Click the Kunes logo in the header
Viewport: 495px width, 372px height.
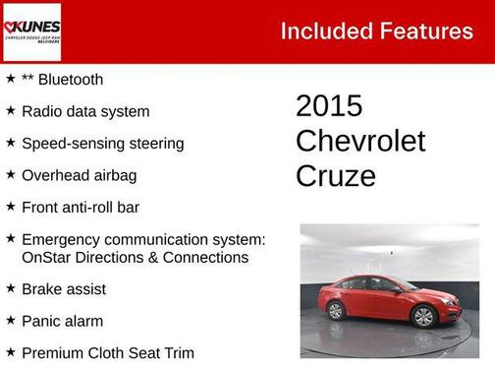coord(31,31)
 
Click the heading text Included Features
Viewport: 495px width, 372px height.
coord(376,31)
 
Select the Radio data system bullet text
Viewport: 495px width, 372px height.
coord(85,111)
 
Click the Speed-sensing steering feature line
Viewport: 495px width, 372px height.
coord(102,143)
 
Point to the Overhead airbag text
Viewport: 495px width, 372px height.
coord(79,175)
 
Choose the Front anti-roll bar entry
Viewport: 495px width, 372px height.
coord(81,207)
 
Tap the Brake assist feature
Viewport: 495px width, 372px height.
coord(64,289)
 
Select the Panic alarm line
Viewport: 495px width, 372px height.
coord(62,321)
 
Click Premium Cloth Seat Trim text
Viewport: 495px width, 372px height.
coord(108,352)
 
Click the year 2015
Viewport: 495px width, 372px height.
coord(329,106)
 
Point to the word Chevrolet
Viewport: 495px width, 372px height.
coord(360,141)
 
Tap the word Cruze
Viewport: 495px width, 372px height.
coord(336,176)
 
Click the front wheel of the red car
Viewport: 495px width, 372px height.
coord(423,317)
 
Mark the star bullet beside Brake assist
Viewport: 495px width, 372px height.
coord(10,288)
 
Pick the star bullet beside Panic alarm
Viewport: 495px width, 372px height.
coord(10,320)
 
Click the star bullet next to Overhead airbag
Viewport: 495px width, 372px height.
coord(10,174)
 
